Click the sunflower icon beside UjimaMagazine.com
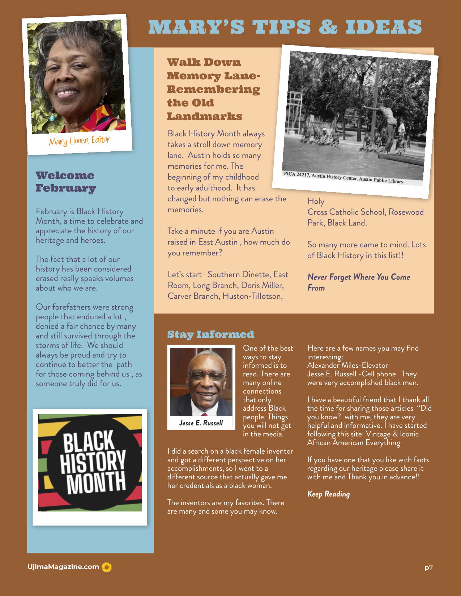(107, 567)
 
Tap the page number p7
(428, 567)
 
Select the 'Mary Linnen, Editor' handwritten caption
(80, 141)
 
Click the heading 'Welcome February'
(65, 182)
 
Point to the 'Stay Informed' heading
(210, 334)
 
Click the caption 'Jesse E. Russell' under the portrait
(201, 423)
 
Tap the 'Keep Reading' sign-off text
(328, 494)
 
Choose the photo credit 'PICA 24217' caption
(343, 178)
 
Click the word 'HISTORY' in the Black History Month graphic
(93, 462)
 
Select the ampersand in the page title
(328, 27)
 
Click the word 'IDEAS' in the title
(384, 27)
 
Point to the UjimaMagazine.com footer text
(63, 567)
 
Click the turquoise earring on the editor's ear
(53, 118)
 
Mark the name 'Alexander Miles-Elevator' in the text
(347, 365)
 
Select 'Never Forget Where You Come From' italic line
(358, 282)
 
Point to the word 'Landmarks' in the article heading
(205, 116)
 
